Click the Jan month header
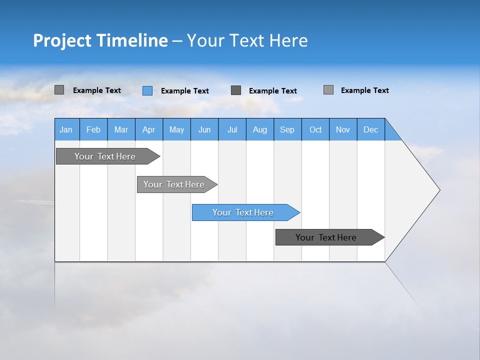click(66, 129)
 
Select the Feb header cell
click(93, 129)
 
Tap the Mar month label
click(121, 129)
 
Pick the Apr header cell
click(149, 129)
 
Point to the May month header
click(176, 129)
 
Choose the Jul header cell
click(232, 129)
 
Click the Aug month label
click(260, 129)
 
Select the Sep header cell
click(287, 129)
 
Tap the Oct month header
click(315, 129)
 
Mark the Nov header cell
click(343, 129)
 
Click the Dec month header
click(371, 129)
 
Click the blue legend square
click(147, 90)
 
